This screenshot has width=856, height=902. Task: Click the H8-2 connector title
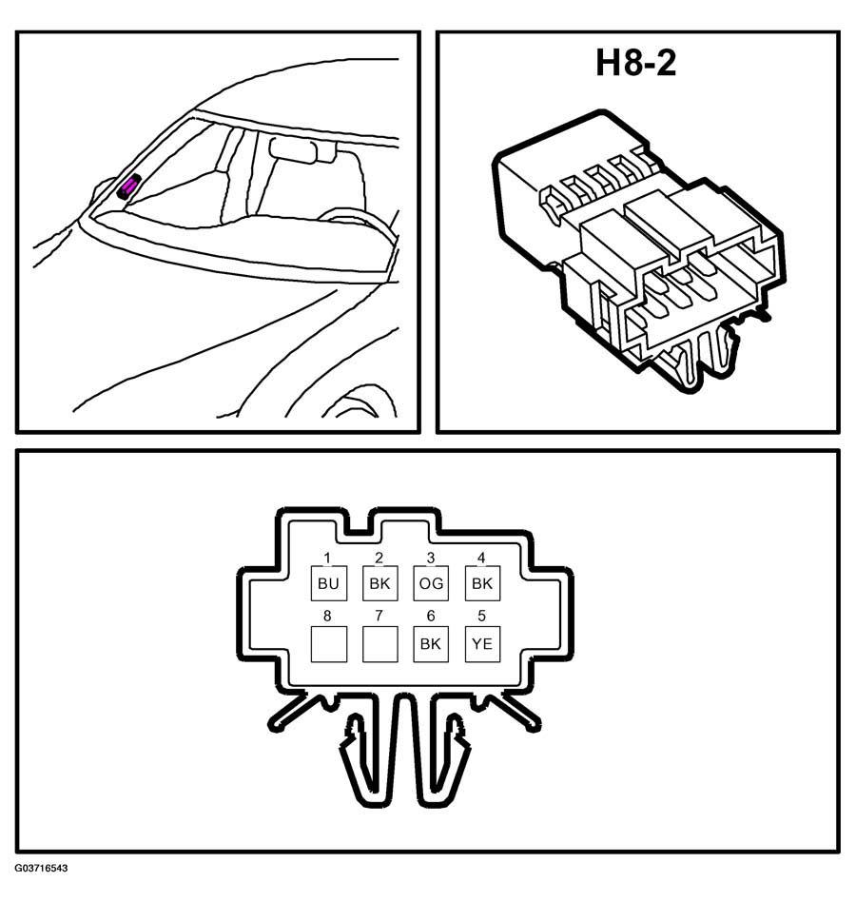point(635,63)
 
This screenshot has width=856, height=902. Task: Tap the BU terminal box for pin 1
point(328,583)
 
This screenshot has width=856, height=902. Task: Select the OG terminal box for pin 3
point(431,583)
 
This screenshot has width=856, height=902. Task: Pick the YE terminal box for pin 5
point(482,644)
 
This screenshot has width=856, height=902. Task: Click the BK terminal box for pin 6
point(431,644)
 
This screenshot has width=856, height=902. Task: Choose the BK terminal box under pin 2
point(380,583)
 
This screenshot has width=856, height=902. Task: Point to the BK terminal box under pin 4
point(482,583)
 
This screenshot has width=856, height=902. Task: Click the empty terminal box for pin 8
point(328,644)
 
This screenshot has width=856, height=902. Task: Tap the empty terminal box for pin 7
point(380,644)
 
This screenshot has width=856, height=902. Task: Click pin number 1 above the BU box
point(328,558)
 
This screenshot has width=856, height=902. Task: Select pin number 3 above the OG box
point(431,558)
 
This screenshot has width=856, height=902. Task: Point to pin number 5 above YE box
point(482,616)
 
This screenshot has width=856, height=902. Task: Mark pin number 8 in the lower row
point(328,616)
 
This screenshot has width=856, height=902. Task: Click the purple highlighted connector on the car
point(128,186)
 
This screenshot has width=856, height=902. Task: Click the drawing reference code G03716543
point(42,868)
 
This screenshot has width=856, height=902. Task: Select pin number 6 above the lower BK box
point(431,616)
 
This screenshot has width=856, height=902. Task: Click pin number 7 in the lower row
point(379,616)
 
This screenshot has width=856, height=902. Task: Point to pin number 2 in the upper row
point(379,558)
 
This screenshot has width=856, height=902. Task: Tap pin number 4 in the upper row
point(482,558)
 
